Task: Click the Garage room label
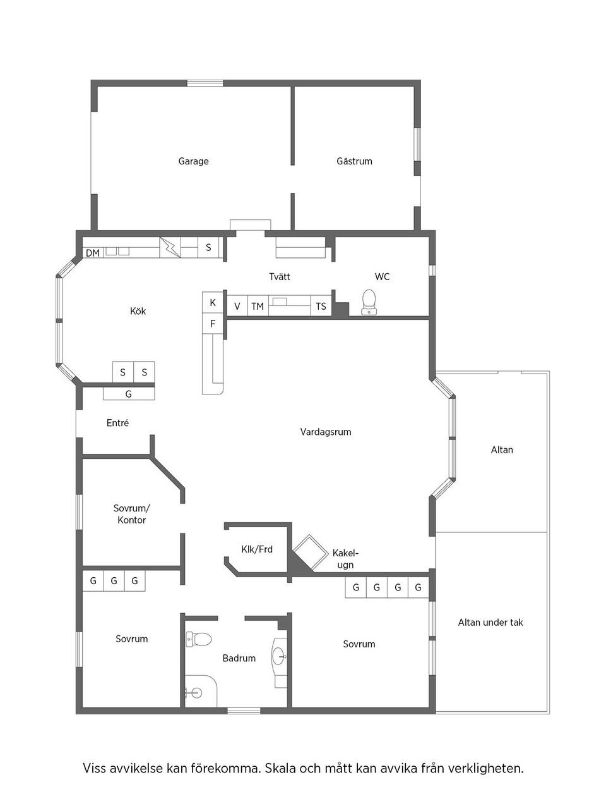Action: [x=193, y=161]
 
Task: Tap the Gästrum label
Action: [x=354, y=161]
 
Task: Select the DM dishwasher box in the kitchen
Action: [x=93, y=253]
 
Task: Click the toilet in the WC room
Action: [x=369, y=301]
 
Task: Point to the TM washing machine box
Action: [x=258, y=306]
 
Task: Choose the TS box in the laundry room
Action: [x=321, y=306]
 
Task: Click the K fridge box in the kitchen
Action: [x=213, y=303]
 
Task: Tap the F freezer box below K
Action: [x=213, y=324]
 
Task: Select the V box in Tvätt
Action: [x=237, y=306]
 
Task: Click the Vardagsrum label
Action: [x=326, y=432]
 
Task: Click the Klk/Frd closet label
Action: [x=257, y=549]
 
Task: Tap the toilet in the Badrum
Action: [x=199, y=639]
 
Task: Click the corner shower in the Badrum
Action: [x=198, y=692]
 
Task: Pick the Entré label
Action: [x=117, y=423]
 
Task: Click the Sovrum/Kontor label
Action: [x=131, y=514]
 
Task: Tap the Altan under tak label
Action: [x=490, y=622]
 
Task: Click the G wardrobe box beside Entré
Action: [x=129, y=394]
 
